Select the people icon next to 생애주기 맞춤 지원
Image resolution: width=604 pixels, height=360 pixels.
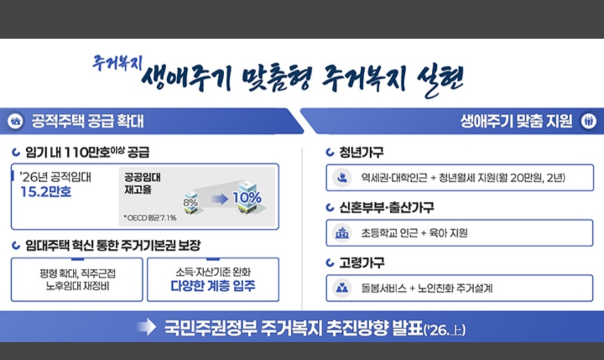click(588, 121)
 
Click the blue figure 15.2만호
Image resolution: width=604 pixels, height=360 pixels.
click(45, 193)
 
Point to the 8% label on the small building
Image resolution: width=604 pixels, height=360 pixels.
click(191, 201)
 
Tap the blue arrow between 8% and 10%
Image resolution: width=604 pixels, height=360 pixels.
click(219, 198)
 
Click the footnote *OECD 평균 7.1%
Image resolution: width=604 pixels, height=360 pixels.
click(150, 218)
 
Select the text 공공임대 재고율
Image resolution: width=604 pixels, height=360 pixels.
click(142, 183)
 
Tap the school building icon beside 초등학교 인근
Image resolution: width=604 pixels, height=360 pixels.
click(342, 233)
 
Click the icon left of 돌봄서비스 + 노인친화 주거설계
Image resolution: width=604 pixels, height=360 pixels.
click(342, 288)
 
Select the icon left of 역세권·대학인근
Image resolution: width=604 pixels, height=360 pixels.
click(342, 178)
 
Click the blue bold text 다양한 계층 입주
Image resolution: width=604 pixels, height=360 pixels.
click(213, 287)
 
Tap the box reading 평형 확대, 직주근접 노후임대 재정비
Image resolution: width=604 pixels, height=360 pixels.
click(77, 280)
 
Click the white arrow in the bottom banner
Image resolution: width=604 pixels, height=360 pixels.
click(146, 328)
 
